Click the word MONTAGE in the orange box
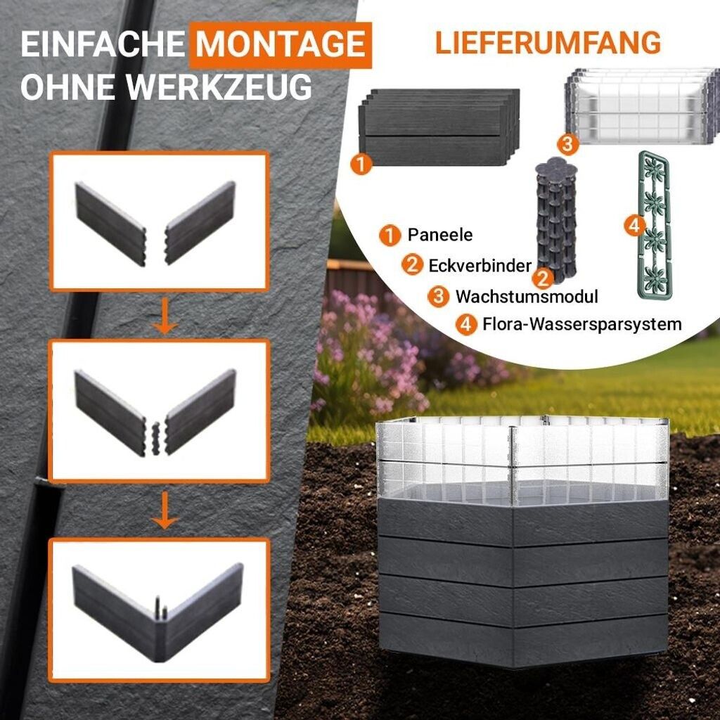coord(281,44)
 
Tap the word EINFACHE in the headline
coord(103,44)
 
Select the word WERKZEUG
coord(220,86)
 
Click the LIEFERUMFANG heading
coord(548,43)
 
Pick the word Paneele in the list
coord(440,235)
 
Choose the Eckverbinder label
coord(480,265)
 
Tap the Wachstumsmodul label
coord(527,296)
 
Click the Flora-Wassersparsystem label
coord(581,324)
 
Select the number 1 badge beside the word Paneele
coord(390,235)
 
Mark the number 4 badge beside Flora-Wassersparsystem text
coord(466,324)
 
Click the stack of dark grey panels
coord(439,127)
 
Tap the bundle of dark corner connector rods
coord(555,219)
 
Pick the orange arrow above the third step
coord(165,510)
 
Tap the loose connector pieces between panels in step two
coord(155,439)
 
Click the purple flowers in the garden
coord(367,349)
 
